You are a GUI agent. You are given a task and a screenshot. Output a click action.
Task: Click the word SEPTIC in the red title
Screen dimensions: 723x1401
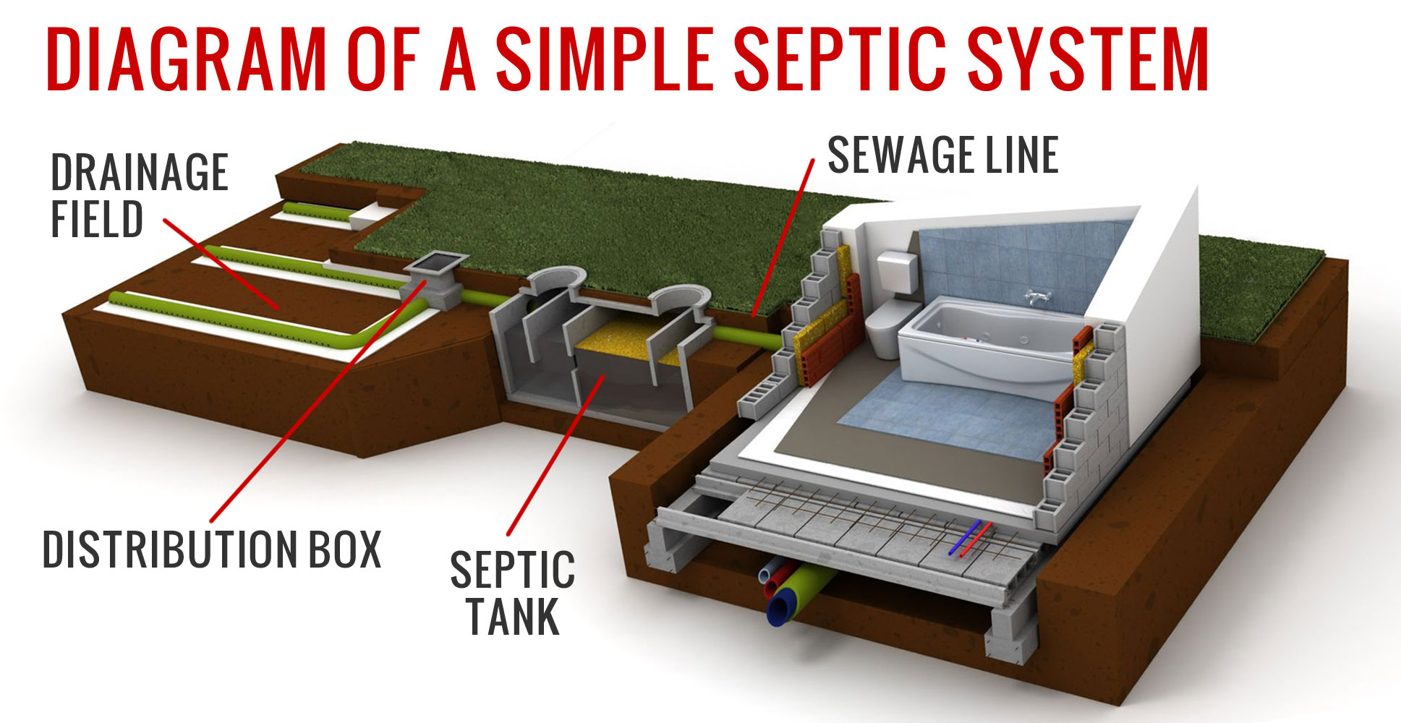[x=839, y=59]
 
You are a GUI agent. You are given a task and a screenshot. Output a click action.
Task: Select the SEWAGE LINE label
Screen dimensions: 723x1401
[x=942, y=155]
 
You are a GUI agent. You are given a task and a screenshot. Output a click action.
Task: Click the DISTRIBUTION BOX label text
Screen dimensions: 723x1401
[x=212, y=549]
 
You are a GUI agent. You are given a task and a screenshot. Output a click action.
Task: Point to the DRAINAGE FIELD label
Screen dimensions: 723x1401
[x=140, y=195]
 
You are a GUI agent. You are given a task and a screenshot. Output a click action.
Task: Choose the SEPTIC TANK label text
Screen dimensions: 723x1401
[x=513, y=593]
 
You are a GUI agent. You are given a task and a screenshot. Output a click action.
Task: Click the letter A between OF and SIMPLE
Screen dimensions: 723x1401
[x=457, y=59]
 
